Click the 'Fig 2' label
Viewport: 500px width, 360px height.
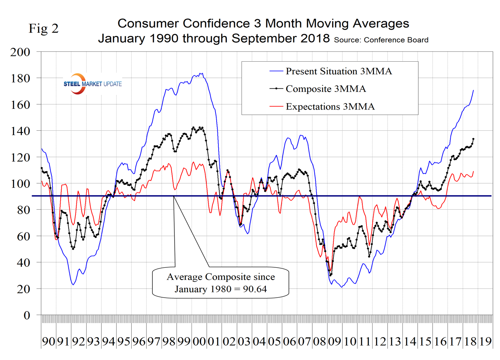44,29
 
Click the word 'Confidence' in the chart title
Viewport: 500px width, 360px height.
217,24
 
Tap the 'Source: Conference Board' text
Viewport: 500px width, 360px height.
381,40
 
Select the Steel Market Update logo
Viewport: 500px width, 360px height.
92,84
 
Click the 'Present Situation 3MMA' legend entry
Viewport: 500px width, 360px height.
338,72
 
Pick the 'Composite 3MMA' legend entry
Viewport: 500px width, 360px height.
325,89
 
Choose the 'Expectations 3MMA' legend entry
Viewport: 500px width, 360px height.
330,106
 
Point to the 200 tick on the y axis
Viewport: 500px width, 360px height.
20,52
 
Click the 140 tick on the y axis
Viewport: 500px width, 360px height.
20,131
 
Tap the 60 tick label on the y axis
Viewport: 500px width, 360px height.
24,236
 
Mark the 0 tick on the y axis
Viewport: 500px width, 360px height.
27,315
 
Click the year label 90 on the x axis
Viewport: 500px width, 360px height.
49,341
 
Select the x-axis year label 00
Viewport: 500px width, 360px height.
199,341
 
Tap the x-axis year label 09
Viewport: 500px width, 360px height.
335,341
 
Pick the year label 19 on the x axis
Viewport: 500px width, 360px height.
486,341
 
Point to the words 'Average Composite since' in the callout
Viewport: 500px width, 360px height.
221,277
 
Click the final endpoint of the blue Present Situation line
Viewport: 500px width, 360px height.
474,90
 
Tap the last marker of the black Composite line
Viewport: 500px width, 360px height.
474,139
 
